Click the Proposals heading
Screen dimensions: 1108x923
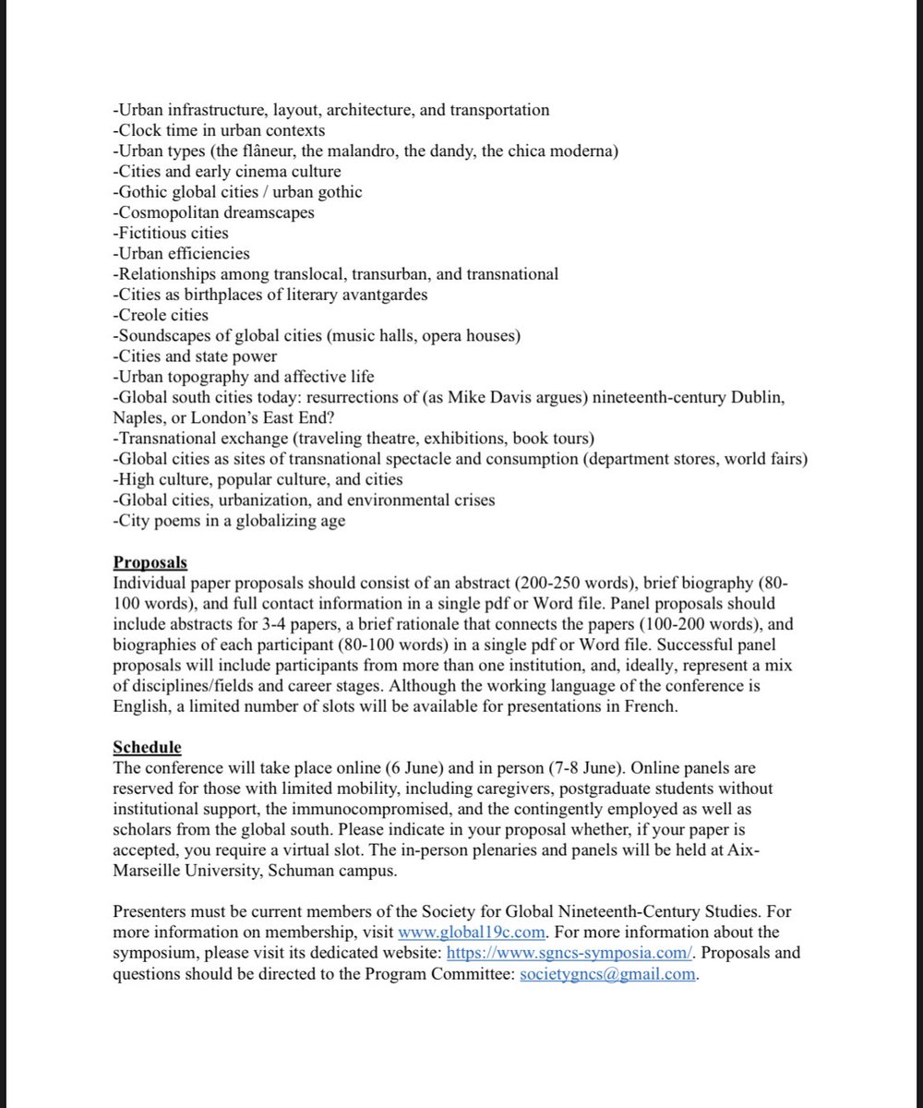150,561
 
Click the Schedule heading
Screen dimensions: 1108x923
147,746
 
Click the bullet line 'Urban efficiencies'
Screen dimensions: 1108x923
182,253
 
